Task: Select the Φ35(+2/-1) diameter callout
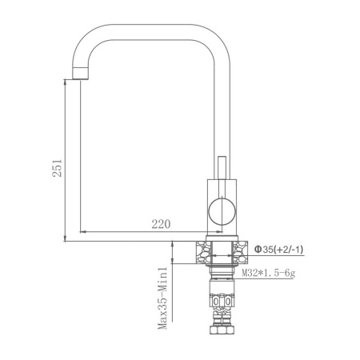278,250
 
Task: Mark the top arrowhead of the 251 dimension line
65,79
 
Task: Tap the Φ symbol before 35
258,250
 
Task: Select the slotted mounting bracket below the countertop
220,302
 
